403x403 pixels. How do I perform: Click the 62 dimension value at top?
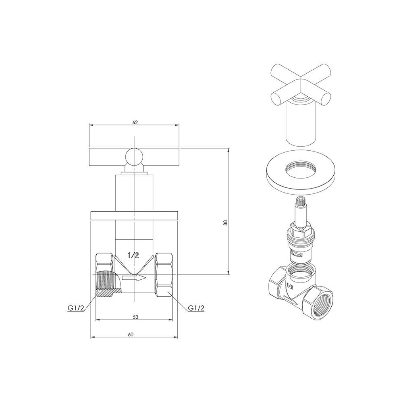point(135,123)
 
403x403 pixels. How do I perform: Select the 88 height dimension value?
point(225,222)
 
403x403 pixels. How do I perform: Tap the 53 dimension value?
point(135,317)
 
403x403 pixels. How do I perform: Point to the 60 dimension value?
point(131,334)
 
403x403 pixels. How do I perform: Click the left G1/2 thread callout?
point(76,308)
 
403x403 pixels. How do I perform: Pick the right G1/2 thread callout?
point(196,308)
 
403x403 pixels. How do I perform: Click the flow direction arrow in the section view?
point(134,278)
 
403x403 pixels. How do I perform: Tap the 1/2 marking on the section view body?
point(133,255)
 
